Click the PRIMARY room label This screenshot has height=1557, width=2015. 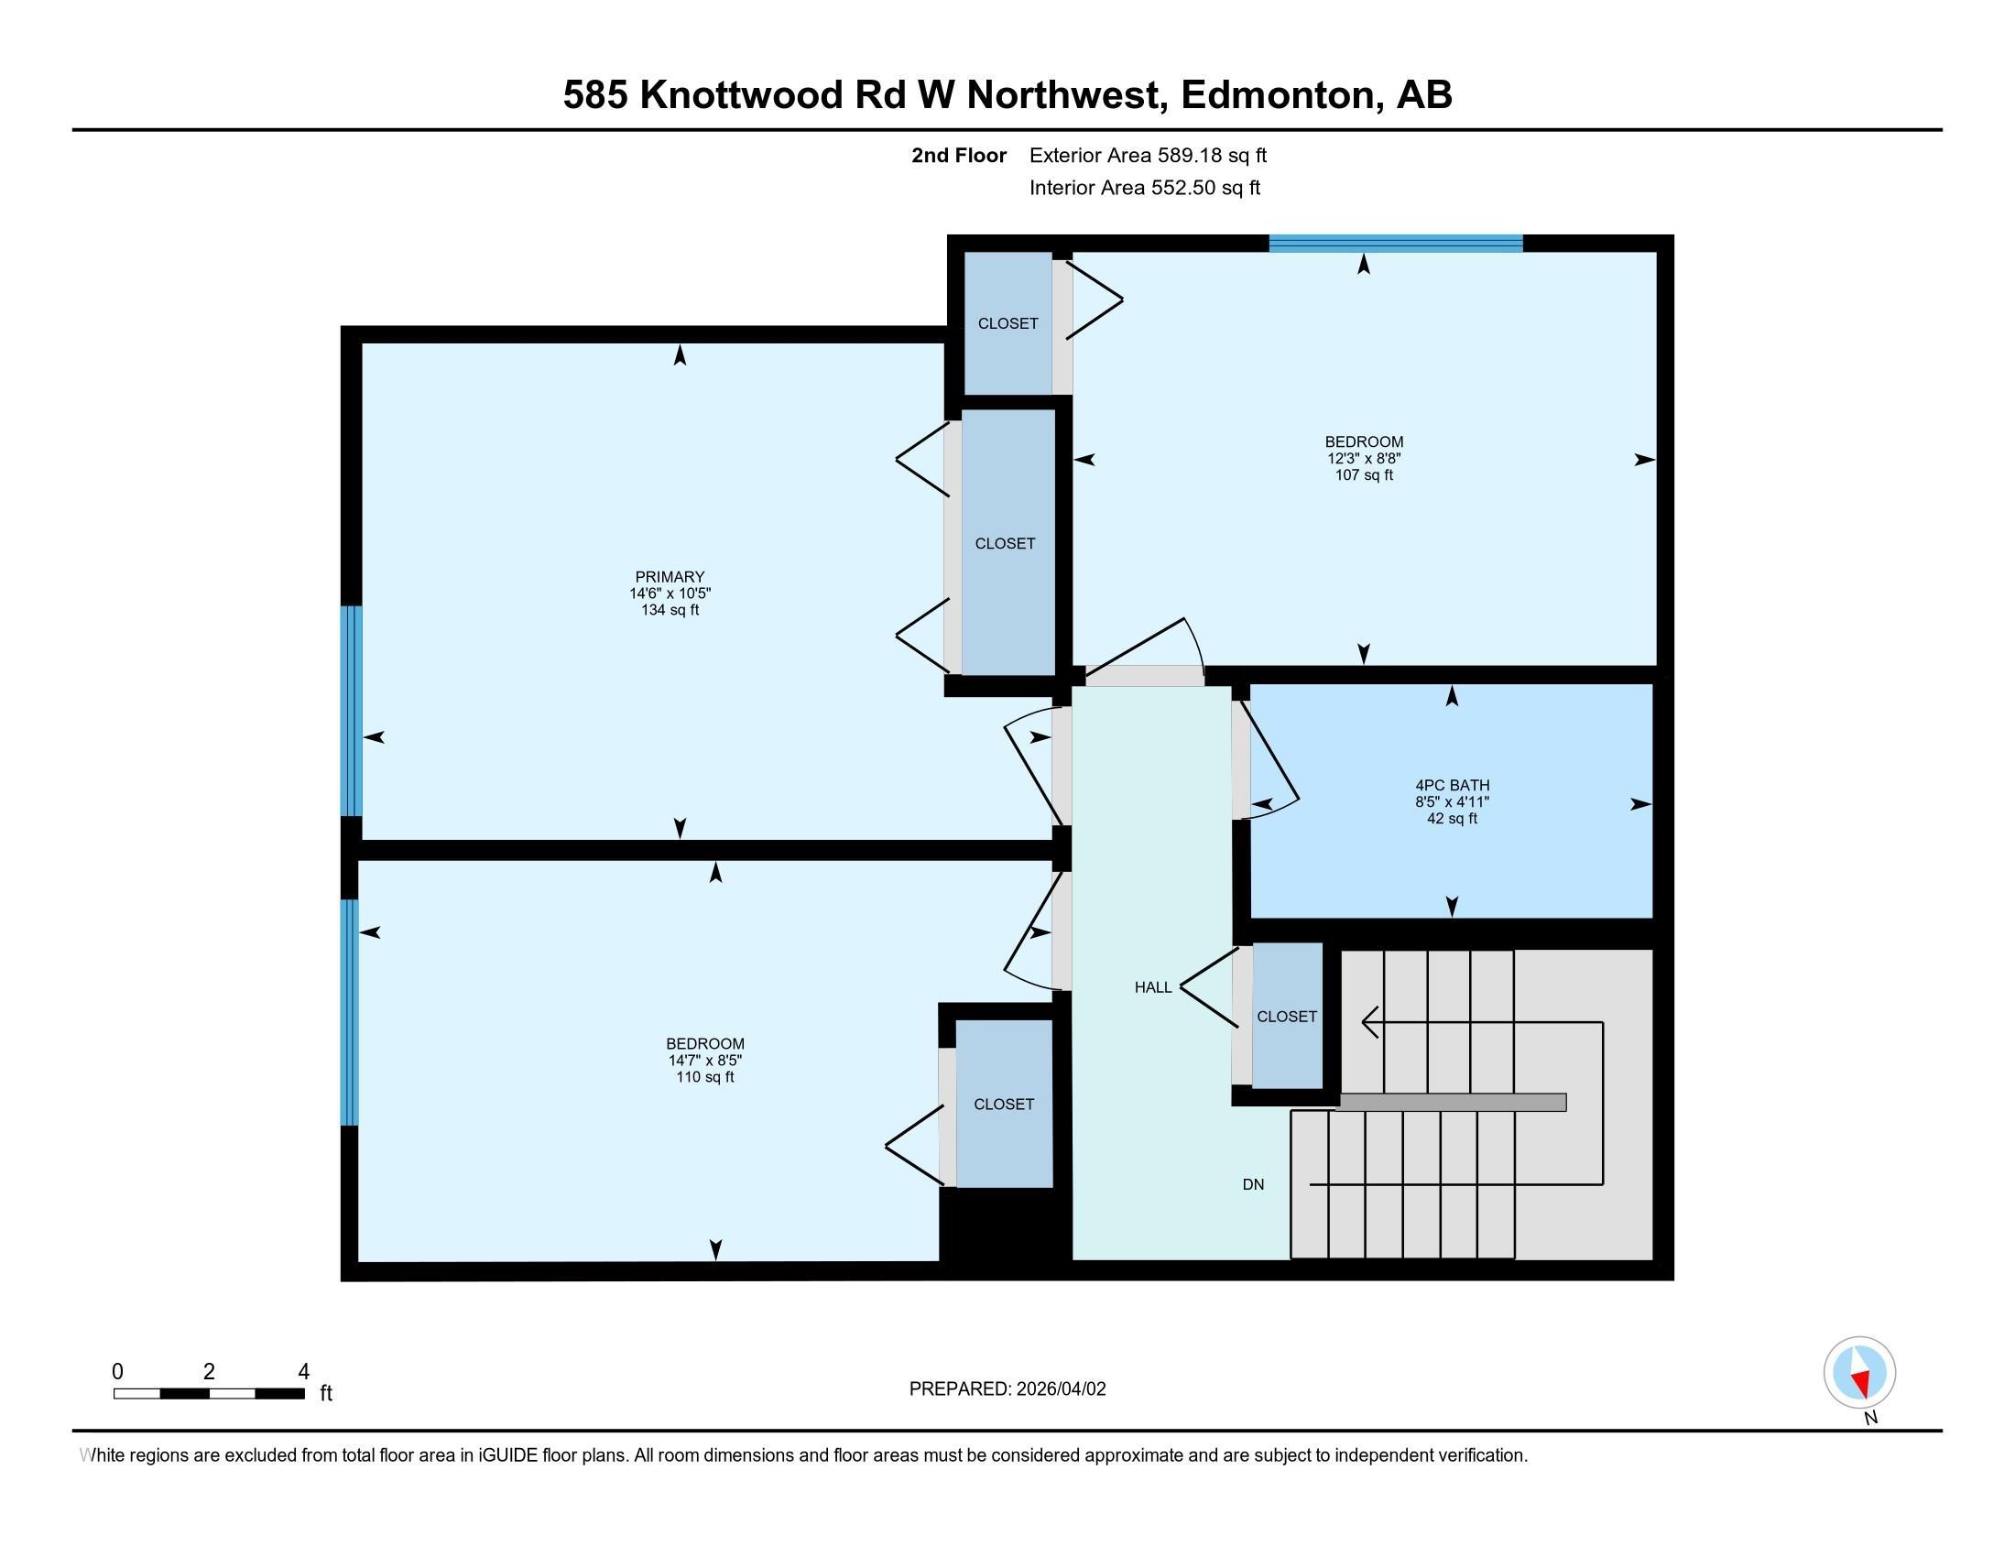[670, 576]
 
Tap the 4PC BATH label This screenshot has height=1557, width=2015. [1453, 785]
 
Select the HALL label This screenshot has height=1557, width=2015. [1152, 987]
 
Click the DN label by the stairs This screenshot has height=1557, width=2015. [1253, 1184]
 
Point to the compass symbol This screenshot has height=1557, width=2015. [1859, 1372]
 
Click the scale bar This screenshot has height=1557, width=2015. [210, 1393]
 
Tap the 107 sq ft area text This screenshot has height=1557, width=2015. [1364, 475]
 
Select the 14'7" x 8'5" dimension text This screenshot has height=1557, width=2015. [706, 1061]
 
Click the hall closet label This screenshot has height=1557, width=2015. [1286, 1017]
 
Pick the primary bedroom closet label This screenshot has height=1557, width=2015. [1005, 543]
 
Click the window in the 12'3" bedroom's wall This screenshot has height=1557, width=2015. [1395, 244]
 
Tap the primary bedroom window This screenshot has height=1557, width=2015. [352, 710]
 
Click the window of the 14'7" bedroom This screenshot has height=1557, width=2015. [350, 1012]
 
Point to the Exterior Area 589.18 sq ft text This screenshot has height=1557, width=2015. [1148, 155]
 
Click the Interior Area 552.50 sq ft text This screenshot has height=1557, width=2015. [1144, 188]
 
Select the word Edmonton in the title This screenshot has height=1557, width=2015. [1278, 95]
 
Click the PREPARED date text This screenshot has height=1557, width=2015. [1007, 1389]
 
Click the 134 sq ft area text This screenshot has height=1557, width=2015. [670, 610]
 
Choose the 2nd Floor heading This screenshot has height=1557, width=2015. [959, 155]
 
